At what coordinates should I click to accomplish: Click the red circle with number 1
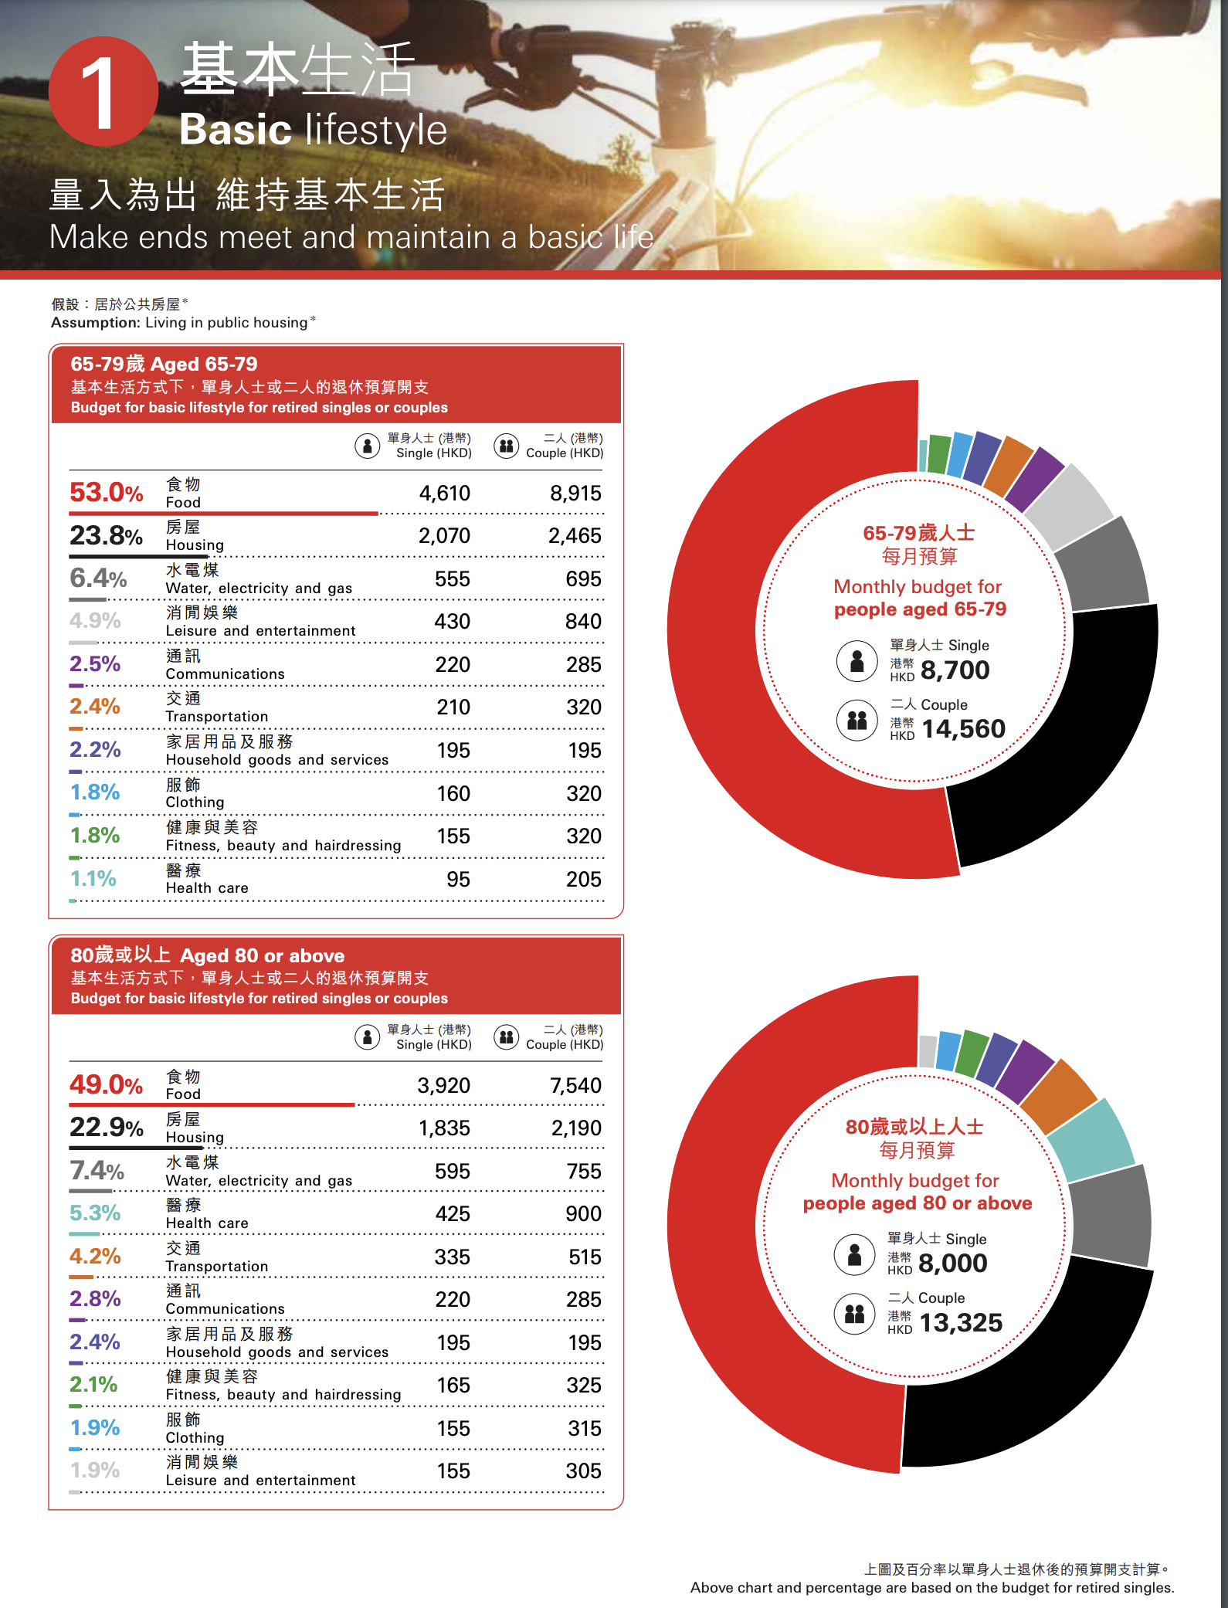[103, 92]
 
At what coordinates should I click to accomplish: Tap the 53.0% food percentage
[107, 493]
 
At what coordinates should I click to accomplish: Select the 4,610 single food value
[444, 494]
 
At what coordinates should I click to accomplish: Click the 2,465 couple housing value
[575, 536]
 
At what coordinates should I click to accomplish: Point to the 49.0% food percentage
[107, 1085]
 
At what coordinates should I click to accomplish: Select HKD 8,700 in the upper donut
[955, 670]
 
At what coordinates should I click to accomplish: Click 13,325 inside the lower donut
[961, 1323]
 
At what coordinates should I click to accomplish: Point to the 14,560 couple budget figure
[963, 729]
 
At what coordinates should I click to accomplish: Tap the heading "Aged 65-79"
[204, 364]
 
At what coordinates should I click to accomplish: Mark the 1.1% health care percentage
[93, 879]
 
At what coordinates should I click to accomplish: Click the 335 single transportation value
[452, 1257]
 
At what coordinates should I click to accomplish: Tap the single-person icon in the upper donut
[857, 661]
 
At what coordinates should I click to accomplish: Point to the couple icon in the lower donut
[855, 1313]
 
